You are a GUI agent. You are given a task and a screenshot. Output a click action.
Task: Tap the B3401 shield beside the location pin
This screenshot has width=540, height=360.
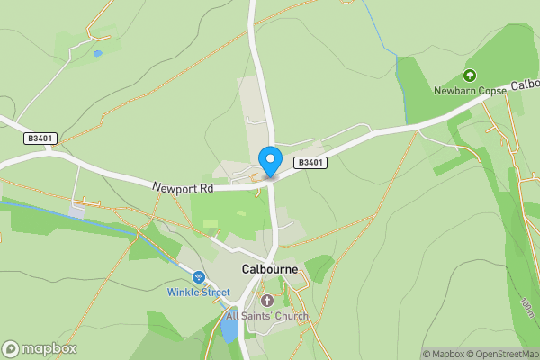(x=310, y=163)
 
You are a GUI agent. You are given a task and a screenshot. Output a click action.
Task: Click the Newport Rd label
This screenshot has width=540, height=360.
(x=182, y=188)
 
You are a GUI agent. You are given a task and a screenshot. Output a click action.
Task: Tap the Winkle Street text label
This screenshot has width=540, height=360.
(x=199, y=292)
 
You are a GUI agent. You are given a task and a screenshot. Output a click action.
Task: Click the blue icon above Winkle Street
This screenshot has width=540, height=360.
(x=199, y=277)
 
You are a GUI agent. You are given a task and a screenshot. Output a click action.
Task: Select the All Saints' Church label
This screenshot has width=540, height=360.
(x=267, y=316)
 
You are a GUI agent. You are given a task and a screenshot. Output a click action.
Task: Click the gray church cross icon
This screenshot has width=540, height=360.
(x=267, y=301)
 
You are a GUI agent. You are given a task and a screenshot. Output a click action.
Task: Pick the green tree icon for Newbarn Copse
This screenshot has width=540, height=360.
(x=468, y=76)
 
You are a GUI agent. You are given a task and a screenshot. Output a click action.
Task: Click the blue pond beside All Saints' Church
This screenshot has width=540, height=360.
(x=229, y=328)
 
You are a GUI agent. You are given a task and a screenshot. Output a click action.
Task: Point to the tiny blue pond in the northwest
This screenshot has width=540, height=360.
(x=97, y=54)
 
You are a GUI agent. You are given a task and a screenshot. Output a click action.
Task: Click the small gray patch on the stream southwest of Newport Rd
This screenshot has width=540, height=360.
(x=79, y=211)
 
